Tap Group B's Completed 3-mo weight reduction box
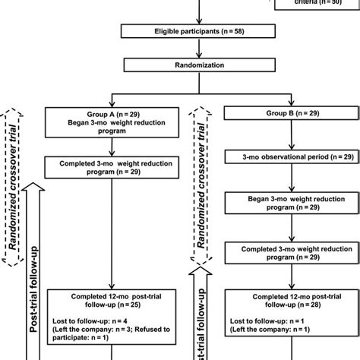coord(282,253)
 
